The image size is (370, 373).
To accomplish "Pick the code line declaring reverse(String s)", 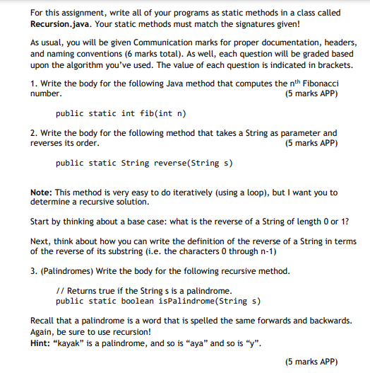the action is click(x=144, y=163).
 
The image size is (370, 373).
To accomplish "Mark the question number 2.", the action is click(x=33, y=133).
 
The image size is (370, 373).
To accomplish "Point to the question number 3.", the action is click(x=33, y=271).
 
